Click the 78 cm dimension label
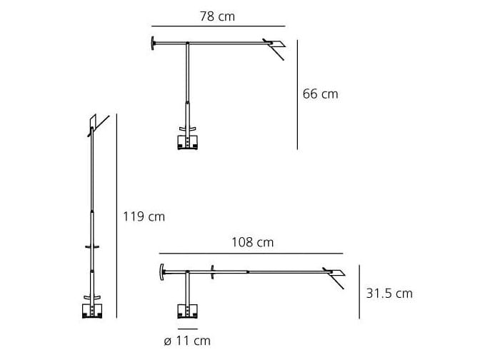[x=216, y=15]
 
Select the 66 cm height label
[x=320, y=94]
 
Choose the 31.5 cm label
[x=389, y=293]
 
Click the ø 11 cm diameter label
[x=187, y=341]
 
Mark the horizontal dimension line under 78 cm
[x=217, y=29]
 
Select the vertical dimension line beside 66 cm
[x=297, y=94]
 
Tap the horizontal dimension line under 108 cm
[x=251, y=254]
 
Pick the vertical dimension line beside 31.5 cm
[x=359, y=293]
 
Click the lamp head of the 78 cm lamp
[x=274, y=48]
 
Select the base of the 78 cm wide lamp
[x=187, y=141]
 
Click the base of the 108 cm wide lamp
[x=187, y=309]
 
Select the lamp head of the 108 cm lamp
[x=334, y=274]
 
